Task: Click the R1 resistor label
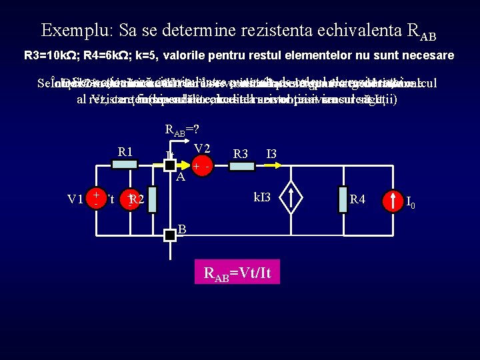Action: click(x=125, y=151)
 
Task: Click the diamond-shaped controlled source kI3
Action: click(x=291, y=198)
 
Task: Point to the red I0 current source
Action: click(x=391, y=199)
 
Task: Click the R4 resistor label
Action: click(x=358, y=199)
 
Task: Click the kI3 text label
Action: click(x=262, y=197)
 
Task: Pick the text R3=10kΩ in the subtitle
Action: click(x=48, y=55)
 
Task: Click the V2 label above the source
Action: click(x=203, y=148)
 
